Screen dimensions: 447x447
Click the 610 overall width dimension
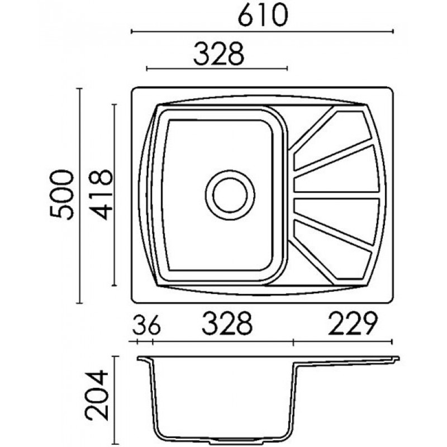pos(263,15)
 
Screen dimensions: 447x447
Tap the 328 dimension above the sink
pos(218,54)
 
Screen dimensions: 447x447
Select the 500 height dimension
pos(61,194)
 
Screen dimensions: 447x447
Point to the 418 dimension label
pos(101,194)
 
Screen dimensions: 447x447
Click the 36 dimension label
pos(146,325)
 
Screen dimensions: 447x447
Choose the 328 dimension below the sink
pos(227,324)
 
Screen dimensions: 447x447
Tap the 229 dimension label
pos(353,324)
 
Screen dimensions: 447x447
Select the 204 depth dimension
pos(97,396)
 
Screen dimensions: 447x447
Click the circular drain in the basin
pos(230,195)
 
